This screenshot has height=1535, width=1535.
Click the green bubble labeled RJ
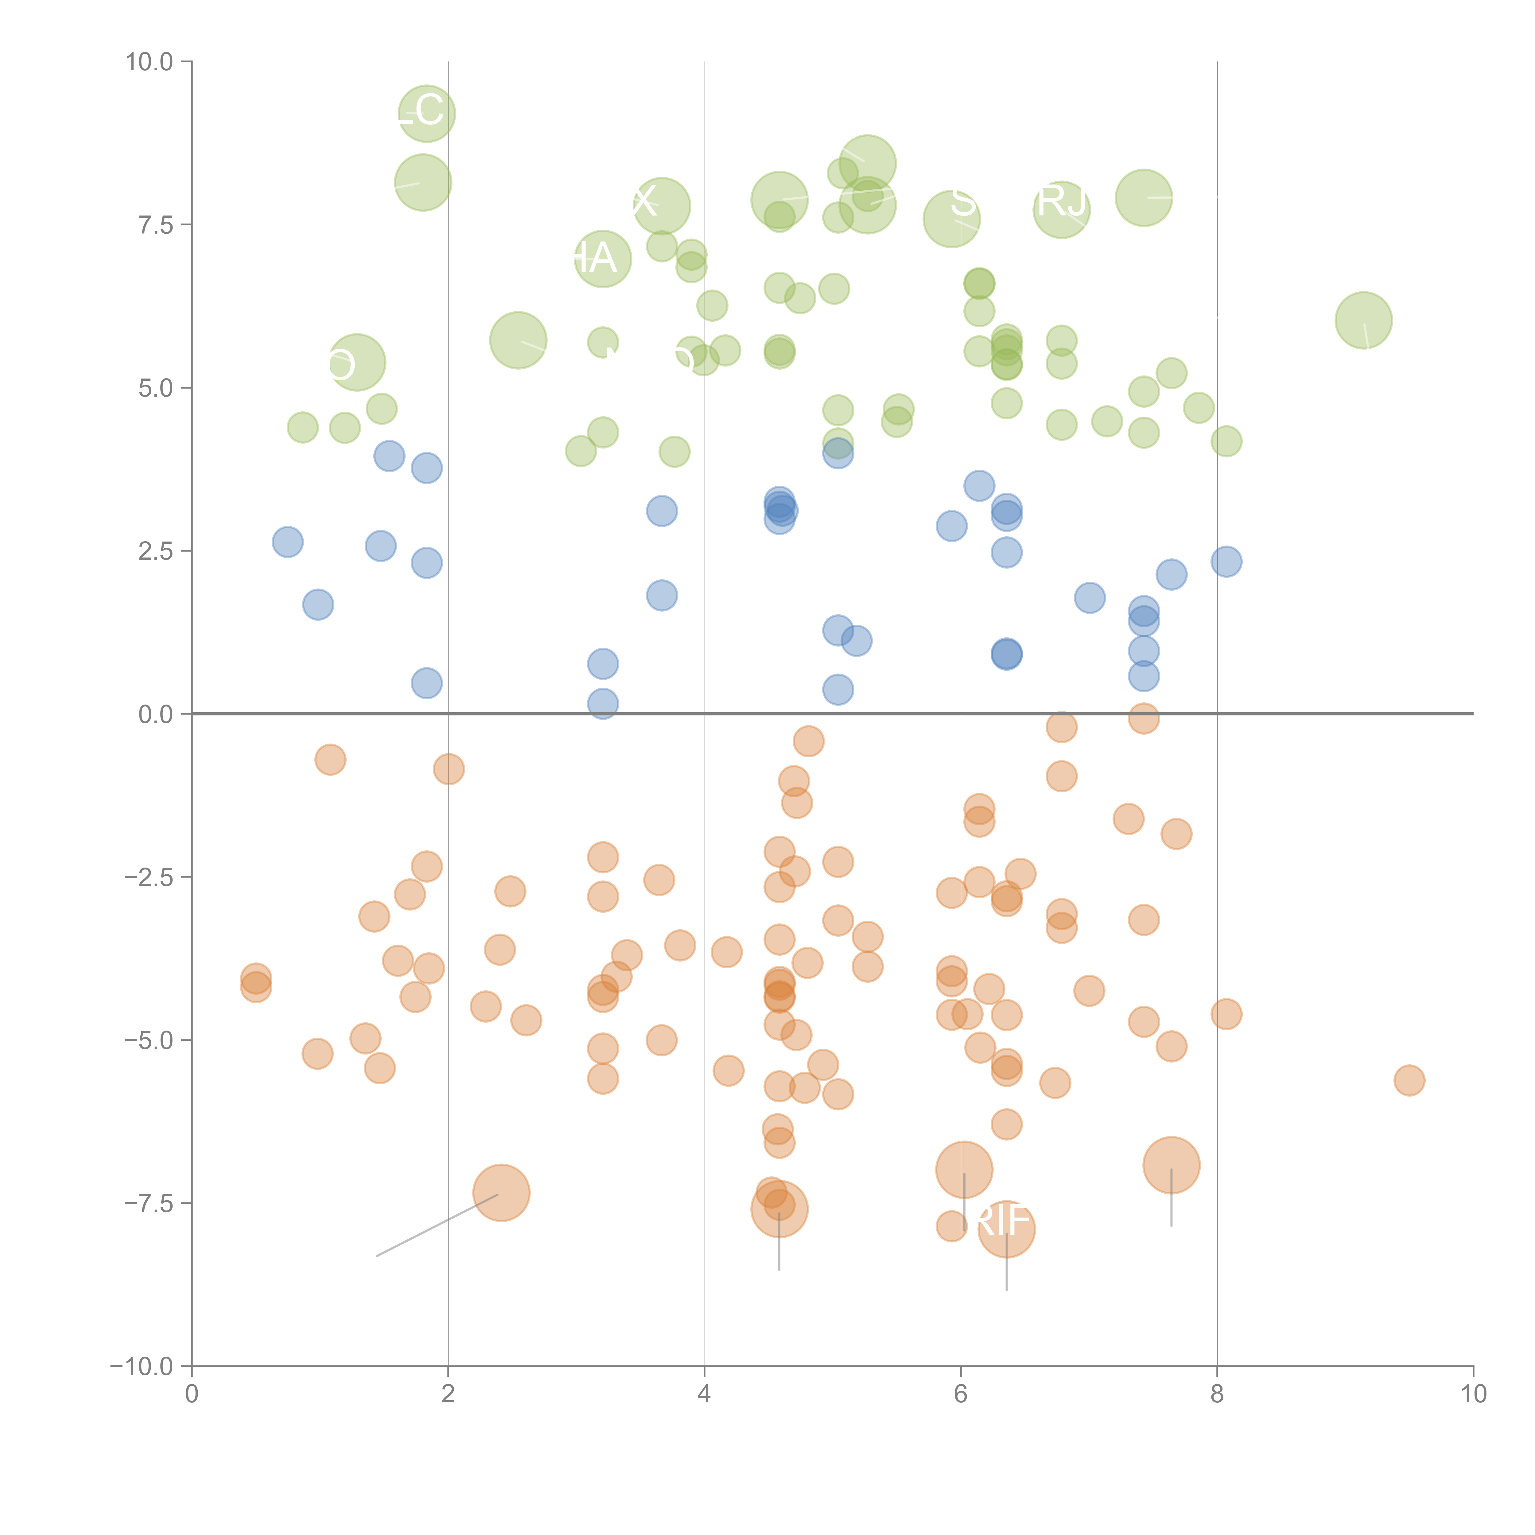tap(1062, 210)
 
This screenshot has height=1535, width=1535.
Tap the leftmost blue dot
tap(288, 542)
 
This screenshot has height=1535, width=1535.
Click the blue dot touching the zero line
tap(603, 703)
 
